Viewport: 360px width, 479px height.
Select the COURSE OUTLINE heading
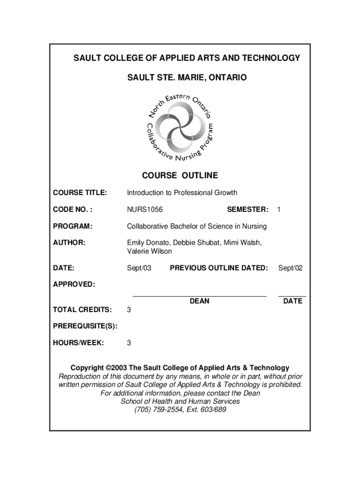[180, 176]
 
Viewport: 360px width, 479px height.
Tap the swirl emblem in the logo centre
[180, 127]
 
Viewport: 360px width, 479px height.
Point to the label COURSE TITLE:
[80, 193]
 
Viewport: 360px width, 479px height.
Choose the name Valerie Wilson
[150, 251]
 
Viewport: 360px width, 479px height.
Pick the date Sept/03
[139, 268]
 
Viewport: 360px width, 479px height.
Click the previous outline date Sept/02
[290, 268]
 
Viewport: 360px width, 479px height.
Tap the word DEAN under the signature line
[200, 301]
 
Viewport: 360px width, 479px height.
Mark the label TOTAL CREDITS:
[82, 310]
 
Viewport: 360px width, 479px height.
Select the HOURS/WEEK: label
[79, 343]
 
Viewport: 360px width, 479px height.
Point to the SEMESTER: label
[248, 210]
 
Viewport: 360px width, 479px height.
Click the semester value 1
[279, 210]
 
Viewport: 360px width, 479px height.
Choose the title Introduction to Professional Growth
[182, 193]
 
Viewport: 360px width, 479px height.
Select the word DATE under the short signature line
[293, 301]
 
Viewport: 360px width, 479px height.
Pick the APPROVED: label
[73, 284]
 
